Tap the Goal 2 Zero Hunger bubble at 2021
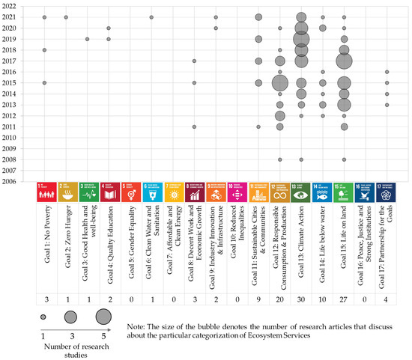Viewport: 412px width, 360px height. pyautogui.click(x=66, y=16)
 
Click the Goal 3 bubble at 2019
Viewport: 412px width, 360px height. pyautogui.click(x=88, y=39)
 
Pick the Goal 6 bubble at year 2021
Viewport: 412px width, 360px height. pyautogui.click(x=151, y=16)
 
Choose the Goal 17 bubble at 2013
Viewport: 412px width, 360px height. pyautogui.click(x=387, y=105)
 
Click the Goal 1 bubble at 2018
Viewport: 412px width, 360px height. pyautogui.click(x=44, y=50)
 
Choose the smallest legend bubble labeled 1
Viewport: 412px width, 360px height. pyautogui.click(x=43, y=317)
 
